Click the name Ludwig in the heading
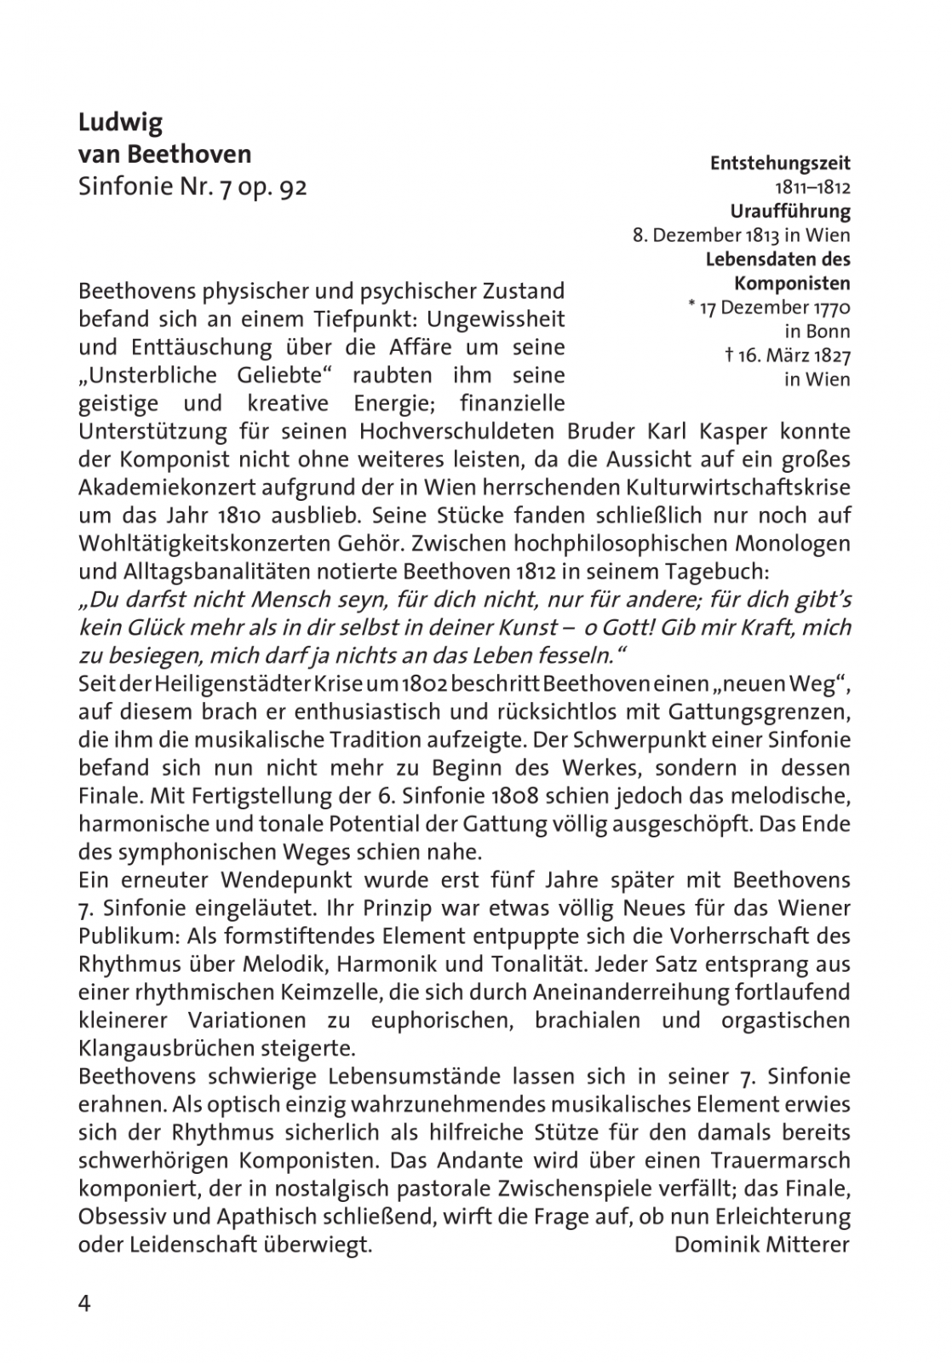[x=120, y=124]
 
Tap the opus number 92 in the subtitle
[x=292, y=187]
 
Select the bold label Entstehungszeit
[x=780, y=163]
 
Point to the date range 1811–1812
[x=812, y=187]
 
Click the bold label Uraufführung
[x=790, y=211]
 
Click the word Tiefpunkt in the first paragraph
[x=363, y=319]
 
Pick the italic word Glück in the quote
[x=146, y=628]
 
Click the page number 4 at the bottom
[x=84, y=1303]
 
